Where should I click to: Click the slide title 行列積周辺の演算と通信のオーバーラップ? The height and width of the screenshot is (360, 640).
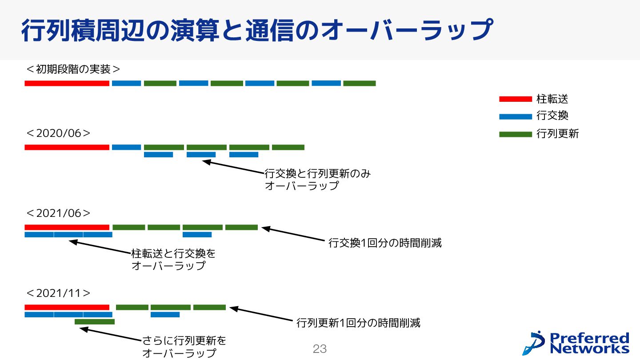click(x=256, y=30)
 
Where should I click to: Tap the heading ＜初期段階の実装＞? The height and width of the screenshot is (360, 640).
click(x=73, y=69)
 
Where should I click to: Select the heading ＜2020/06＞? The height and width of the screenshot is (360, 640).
click(x=58, y=133)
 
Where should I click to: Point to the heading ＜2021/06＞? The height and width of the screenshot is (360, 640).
click(x=58, y=213)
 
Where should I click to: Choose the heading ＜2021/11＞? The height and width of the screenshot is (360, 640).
click(x=58, y=293)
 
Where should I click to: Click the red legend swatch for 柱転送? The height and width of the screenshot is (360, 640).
click(x=515, y=99)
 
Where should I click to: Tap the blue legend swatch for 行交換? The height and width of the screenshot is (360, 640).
click(x=515, y=117)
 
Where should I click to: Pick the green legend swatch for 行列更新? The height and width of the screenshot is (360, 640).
click(x=515, y=134)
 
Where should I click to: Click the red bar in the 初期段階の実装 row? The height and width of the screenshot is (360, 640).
click(x=67, y=83)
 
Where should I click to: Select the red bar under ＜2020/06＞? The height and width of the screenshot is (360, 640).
click(x=67, y=147)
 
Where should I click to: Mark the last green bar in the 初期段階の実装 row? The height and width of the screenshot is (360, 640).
click(x=359, y=83)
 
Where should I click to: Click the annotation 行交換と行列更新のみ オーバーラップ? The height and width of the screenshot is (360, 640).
click(x=317, y=180)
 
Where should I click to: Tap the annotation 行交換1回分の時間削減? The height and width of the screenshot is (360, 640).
click(x=385, y=243)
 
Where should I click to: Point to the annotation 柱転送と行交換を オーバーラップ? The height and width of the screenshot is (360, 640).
click(x=173, y=260)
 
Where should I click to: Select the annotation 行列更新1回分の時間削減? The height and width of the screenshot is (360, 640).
click(x=358, y=323)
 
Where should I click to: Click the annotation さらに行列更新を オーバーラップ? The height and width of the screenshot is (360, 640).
click(x=184, y=347)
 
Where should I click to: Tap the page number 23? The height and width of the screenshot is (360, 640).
click(x=320, y=349)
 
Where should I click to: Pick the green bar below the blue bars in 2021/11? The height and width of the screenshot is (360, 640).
click(x=94, y=321)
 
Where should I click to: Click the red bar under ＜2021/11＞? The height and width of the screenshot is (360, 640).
click(x=67, y=307)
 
